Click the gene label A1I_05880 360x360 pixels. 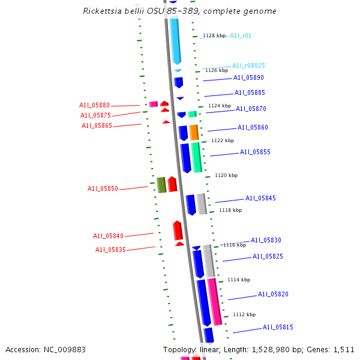[94, 106]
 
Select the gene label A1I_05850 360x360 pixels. [103, 188]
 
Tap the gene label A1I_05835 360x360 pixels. [110, 250]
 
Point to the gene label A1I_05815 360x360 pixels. [278, 328]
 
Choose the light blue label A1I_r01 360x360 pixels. [241, 36]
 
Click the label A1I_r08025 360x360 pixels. [248, 65]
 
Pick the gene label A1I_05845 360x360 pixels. [260, 199]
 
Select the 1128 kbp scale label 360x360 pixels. [214, 36]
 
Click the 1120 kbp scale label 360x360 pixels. [226, 176]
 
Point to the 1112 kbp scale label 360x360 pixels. [244, 315]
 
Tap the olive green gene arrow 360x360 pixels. [161, 185]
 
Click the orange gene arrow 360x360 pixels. [194, 132]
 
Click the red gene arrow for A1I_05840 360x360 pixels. [178, 230]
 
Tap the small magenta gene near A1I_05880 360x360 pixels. [153, 104]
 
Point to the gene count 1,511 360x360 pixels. [343, 349]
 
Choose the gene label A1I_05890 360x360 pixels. [248, 78]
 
